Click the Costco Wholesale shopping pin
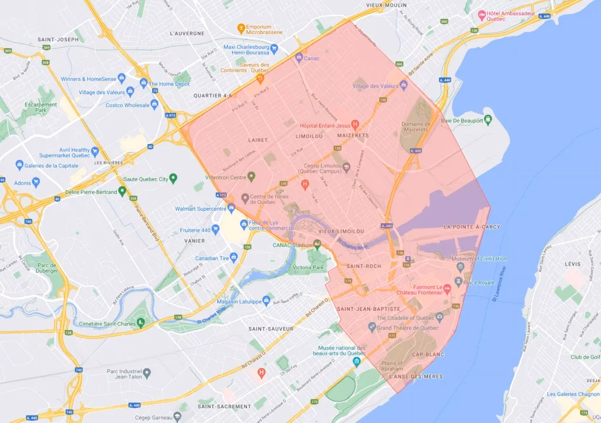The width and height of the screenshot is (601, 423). (154, 105)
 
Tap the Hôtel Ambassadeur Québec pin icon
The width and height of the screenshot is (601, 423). (482, 14)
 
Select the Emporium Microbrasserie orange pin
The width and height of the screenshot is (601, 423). (240, 28)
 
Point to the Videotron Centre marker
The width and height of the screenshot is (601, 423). (251, 176)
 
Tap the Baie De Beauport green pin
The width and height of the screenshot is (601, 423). (488, 120)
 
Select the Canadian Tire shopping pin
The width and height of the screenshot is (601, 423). (233, 257)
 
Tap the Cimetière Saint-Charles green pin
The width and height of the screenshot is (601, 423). (141, 323)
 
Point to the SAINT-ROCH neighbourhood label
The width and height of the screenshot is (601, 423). (364, 266)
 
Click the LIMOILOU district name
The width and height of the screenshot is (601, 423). (309, 136)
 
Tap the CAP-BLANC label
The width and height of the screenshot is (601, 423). (428, 354)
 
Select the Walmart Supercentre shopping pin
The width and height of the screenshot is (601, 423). (232, 209)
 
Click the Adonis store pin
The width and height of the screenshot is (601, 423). (19, 182)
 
